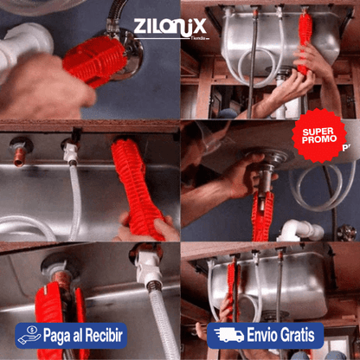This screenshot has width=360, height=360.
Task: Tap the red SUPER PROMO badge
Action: coord(318,136)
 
